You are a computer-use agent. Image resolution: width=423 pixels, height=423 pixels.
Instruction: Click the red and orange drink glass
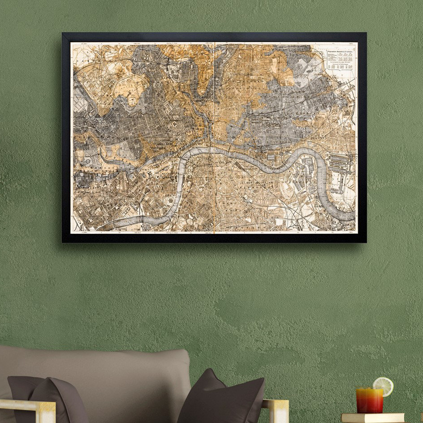click(370, 400)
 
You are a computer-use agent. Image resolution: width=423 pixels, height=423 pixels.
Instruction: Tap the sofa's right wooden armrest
click(276, 410)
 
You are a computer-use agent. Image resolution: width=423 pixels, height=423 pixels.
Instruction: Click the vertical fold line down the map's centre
click(215, 134)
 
